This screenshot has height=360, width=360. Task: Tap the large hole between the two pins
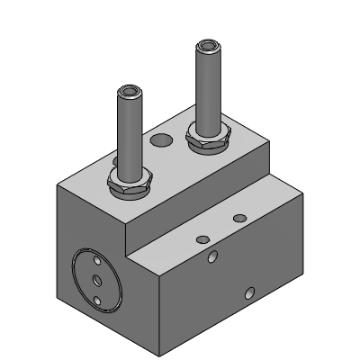161,139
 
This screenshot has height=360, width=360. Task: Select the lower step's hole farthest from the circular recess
238,219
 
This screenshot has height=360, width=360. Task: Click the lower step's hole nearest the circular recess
202,238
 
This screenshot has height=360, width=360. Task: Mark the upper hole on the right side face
213,258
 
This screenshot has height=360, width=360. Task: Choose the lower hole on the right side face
250,291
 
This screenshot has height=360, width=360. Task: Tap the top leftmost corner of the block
58,185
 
